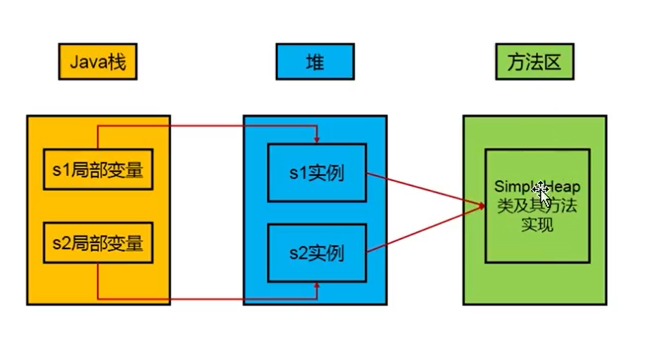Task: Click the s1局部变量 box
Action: tap(98, 170)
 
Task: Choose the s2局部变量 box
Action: tap(98, 243)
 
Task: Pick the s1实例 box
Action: tap(317, 172)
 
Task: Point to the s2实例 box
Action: tap(317, 252)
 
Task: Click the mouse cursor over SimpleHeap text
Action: tap(540, 190)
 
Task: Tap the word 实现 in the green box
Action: tap(537, 225)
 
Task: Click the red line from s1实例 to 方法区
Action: tap(423, 189)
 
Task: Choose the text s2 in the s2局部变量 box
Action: tap(61, 244)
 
